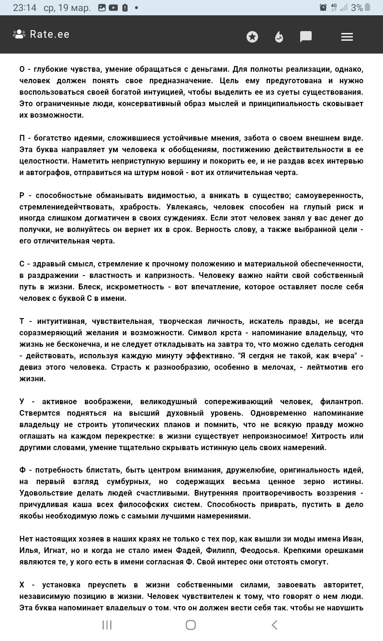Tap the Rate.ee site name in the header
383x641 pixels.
click(49, 34)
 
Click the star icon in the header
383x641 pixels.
click(252, 37)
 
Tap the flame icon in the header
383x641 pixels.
click(279, 37)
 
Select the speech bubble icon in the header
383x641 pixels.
click(306, 37)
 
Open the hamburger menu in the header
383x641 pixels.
click(347, 37)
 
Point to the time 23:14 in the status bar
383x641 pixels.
click(24, 8)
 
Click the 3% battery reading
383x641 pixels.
click(357, 8)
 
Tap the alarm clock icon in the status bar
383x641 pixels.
click(323, 8)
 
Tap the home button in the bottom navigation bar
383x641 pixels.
click(191, 625)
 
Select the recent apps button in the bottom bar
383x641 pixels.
click(107, 625)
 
